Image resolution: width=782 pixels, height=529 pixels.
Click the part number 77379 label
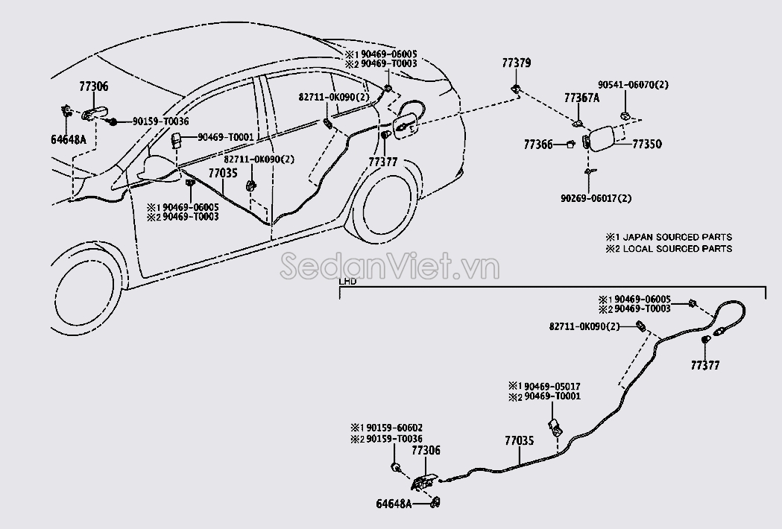coord(516,63)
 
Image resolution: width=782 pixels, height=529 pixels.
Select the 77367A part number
coord(581,98)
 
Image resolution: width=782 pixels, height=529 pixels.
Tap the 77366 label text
coord(538,145)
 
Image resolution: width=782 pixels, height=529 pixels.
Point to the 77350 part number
coord(647,145)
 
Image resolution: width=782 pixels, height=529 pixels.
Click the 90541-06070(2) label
coord(633,85)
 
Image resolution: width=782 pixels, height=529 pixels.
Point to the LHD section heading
coord(347,282)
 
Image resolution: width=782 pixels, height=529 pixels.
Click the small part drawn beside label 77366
coord(570,145)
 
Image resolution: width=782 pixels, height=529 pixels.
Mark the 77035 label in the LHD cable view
coord(519,441)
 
